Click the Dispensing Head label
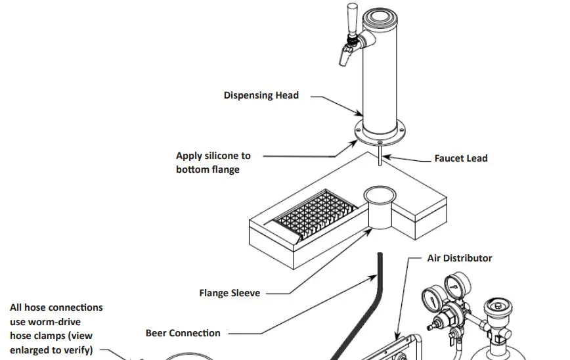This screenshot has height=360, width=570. pyautogui.click(x=261, y=95)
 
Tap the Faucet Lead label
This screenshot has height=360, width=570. pyautogui.click(x=460, y=158)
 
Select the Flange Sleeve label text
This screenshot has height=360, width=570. pyautogui.click(x=229, y=293)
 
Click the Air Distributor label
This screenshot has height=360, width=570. pyautogui.click(x=459, y=258)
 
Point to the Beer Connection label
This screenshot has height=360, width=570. pyautogui.click(x=183, y=333)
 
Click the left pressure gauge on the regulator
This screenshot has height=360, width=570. pyautogui.click(x=431, y=297)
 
